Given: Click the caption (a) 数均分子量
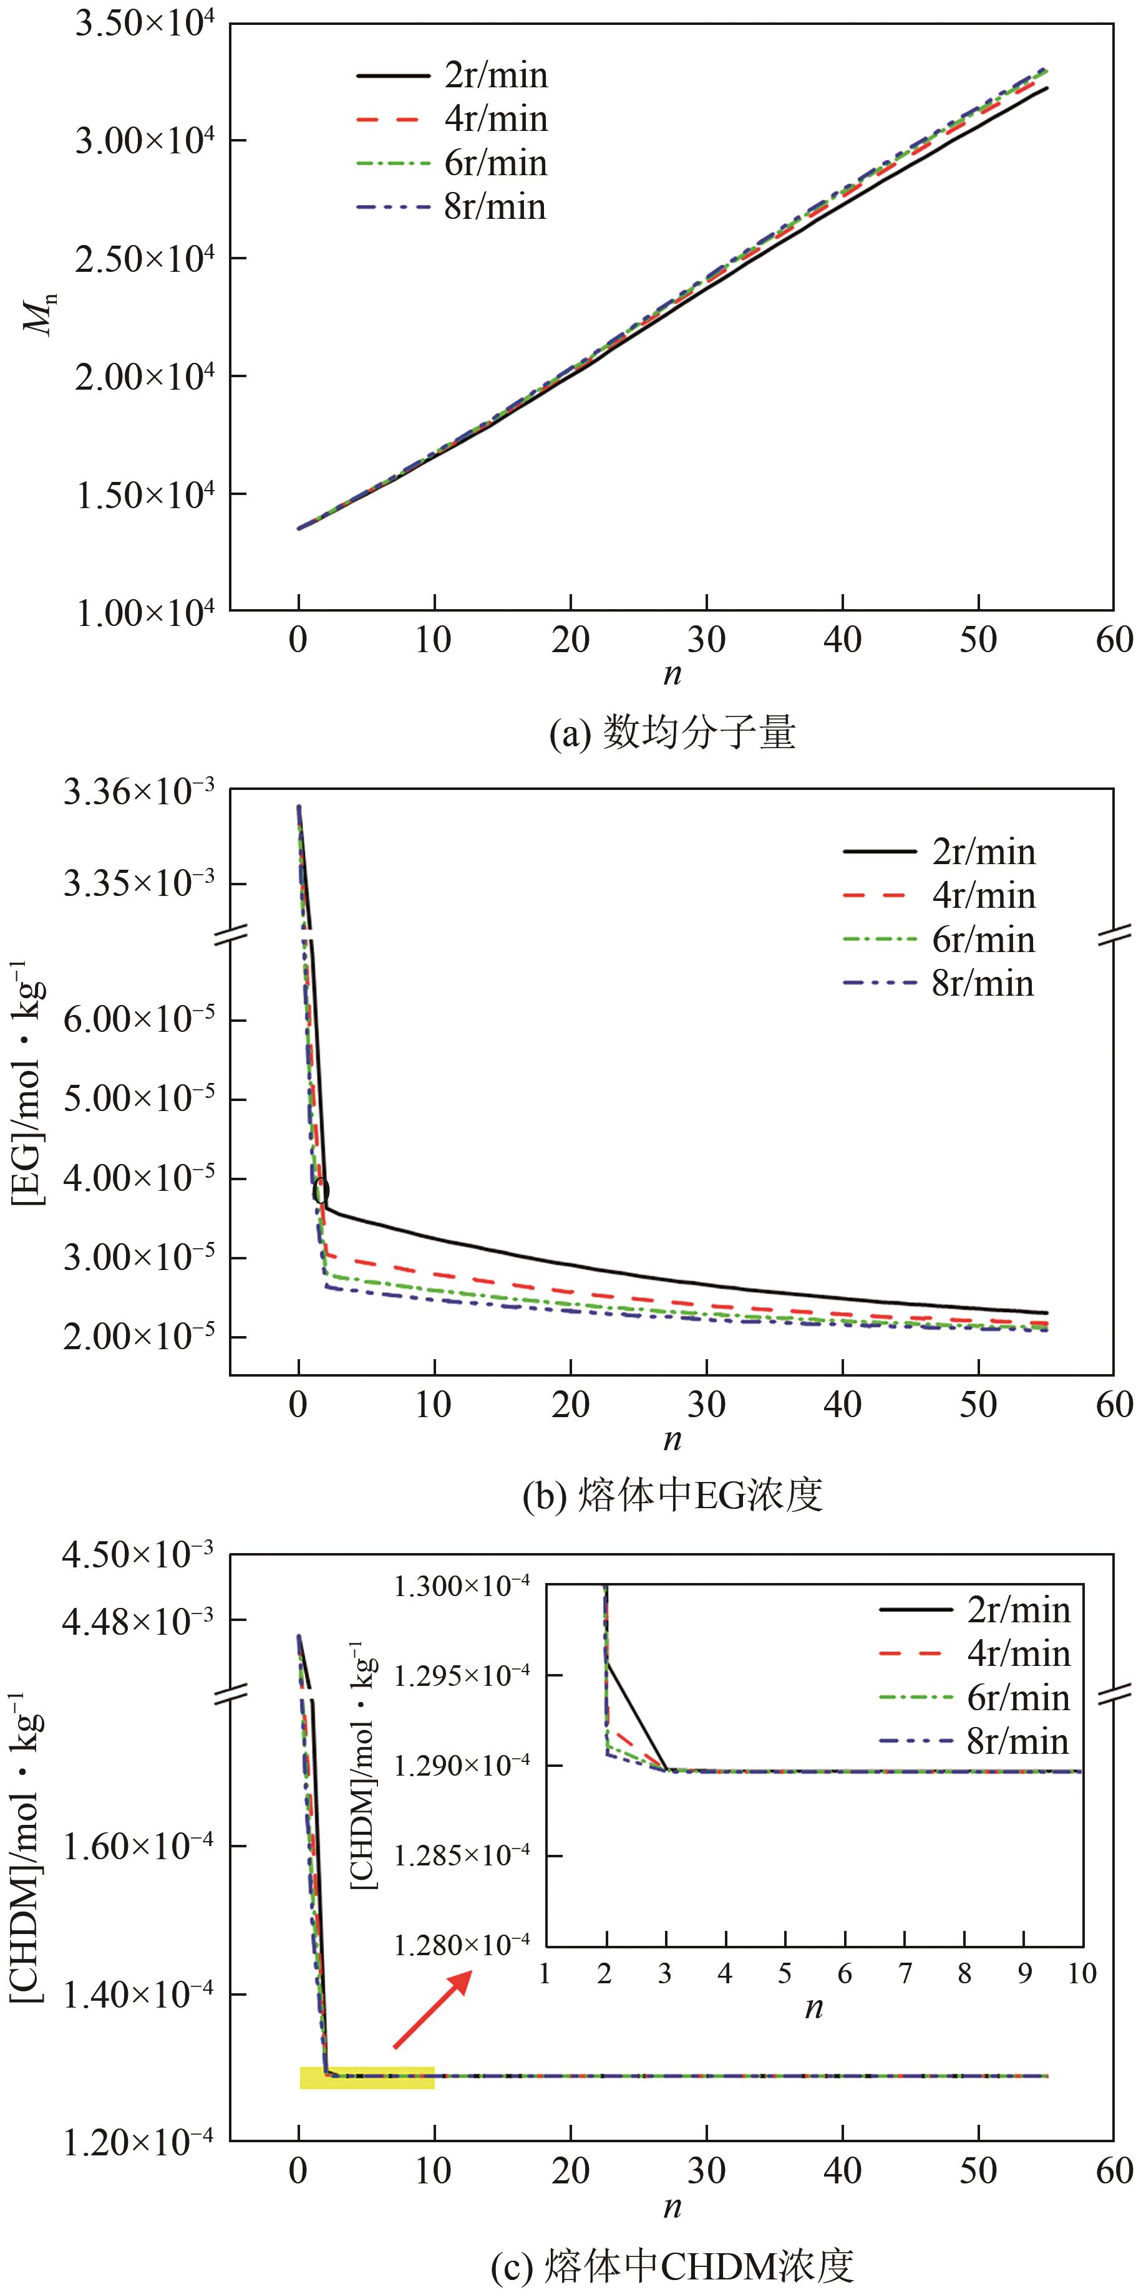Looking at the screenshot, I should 672,733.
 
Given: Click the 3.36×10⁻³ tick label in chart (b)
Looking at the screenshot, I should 139,791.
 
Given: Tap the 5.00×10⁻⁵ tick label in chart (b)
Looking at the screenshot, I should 139,1099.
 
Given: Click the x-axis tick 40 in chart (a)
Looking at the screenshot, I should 842,640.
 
